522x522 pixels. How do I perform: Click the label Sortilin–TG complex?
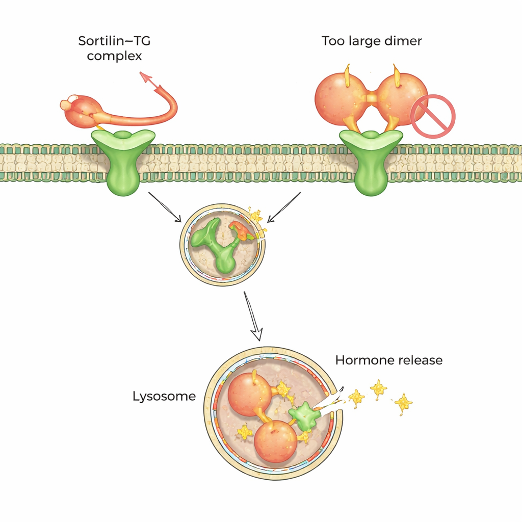click(114, 47)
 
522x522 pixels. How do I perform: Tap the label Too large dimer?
click(372, 41)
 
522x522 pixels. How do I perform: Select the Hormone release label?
click(388, 360)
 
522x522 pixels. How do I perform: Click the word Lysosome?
click(164, 396)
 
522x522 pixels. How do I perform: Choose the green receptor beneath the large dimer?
click(371, 161)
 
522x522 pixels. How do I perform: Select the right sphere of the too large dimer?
click(401, 98)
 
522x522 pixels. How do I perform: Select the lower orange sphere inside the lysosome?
click(275, 441)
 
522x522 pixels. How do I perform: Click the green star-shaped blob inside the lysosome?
click(304, 416)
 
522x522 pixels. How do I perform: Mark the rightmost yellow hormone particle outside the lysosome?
click(403, 403)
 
